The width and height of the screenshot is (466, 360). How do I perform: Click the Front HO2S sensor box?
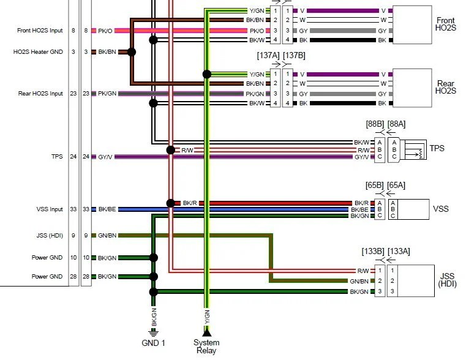pos(412,24)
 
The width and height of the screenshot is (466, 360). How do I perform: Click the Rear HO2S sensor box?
pos(412,88)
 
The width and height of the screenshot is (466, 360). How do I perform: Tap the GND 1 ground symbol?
pos(153,332)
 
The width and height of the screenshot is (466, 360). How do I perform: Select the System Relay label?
pos(206,347)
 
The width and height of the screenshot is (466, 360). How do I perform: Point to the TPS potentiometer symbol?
pos(415,150)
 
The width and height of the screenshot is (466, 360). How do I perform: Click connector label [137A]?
pos(268,56)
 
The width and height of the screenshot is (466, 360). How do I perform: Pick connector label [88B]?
pos(375,124)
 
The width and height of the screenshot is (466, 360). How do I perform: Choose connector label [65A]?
pos(396,186)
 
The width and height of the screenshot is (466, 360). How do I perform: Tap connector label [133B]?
pos(373,251)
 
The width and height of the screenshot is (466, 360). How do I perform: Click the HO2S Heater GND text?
pos(38,52)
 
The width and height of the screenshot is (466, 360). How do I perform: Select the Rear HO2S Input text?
pos(40,94)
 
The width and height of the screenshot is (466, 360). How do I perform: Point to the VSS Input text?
pos(50,209)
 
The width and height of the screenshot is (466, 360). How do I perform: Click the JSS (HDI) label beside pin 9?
pos(50,236)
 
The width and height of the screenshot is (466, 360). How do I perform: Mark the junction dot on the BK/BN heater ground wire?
pos(132,52)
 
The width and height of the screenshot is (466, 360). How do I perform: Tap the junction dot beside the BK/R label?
pos(171,203)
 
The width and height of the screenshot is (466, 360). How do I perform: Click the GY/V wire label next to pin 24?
pos(105,157)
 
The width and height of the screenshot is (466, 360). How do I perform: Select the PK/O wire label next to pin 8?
pos(105,31)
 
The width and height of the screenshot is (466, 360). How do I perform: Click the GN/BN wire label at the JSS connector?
pos(359,281)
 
